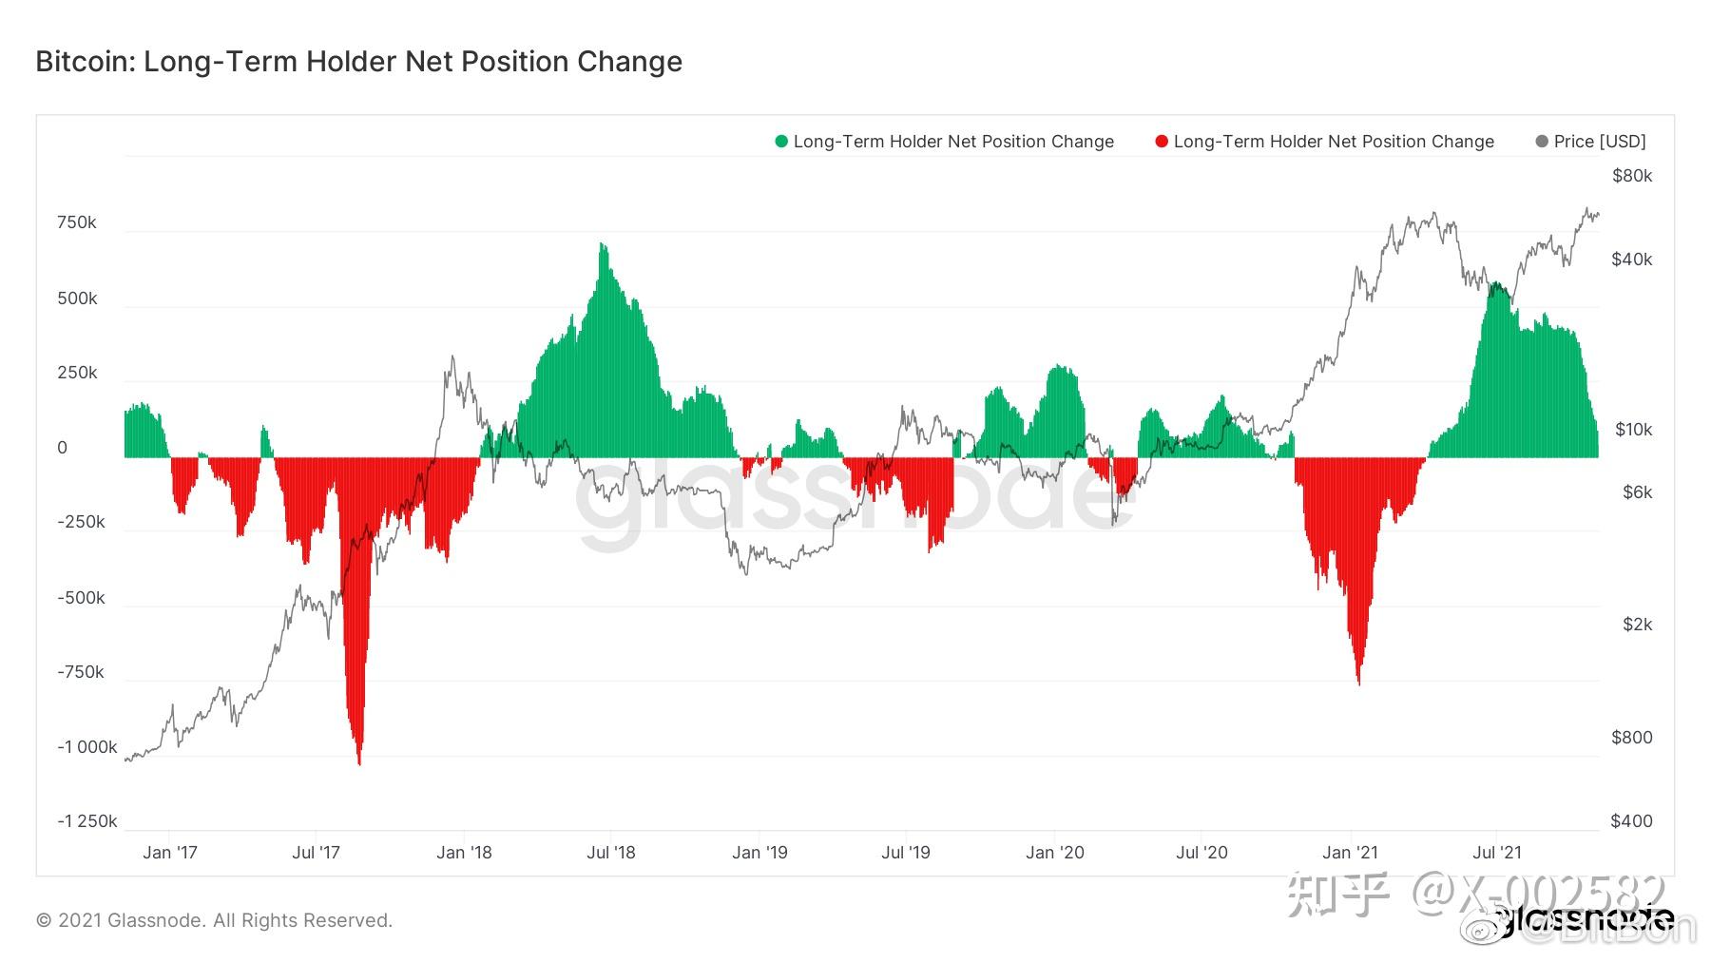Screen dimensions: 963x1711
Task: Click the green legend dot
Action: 781,142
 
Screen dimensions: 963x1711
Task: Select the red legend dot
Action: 1161,142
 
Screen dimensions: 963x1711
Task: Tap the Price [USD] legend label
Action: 1600,142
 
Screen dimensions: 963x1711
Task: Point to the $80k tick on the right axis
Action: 1632,176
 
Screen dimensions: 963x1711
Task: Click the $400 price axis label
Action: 1631,820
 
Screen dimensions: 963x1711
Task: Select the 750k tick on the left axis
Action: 77,222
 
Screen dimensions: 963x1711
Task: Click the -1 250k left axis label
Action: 87,820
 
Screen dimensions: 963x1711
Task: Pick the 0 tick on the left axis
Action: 63,448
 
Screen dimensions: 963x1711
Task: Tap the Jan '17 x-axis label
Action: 170,853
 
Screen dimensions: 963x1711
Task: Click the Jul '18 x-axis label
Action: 611,853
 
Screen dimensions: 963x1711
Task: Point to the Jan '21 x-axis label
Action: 1350,853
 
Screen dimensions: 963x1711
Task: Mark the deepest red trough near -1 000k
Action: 358,762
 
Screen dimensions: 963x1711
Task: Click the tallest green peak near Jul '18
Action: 602,245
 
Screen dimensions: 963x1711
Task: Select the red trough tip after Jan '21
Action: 1358,683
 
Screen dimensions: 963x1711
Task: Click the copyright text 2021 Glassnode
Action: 214,920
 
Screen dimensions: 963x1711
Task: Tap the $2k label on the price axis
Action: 1637,625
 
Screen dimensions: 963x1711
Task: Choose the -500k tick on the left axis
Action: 81,598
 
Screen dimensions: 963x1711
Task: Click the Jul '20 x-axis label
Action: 1202,853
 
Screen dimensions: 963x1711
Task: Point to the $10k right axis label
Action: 1633,430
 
